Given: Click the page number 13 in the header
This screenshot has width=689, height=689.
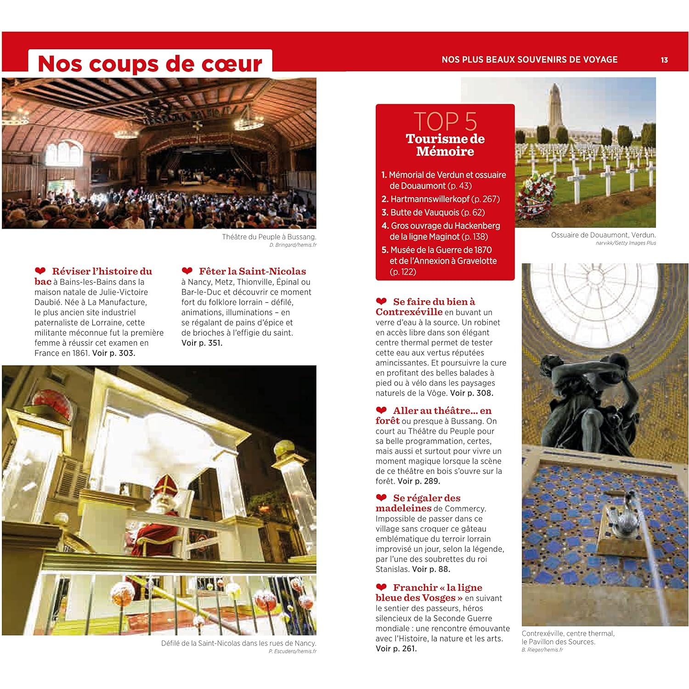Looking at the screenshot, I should (664, 60).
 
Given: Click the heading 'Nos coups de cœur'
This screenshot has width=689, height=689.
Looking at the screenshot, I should (150, 63).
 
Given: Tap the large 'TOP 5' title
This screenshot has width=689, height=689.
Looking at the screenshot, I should (445, 121).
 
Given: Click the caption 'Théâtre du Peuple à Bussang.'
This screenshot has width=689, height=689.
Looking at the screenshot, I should (269, 237).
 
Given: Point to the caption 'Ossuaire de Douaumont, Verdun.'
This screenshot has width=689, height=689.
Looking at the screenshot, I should (603, 235).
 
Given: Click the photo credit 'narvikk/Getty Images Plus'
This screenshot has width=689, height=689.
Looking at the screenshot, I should (626, 243).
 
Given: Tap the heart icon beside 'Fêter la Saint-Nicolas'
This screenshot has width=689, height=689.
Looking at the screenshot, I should (187, 271).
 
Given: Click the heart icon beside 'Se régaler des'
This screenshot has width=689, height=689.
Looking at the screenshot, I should (381, 497).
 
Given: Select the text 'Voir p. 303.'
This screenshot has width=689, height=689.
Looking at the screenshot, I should (114, 353).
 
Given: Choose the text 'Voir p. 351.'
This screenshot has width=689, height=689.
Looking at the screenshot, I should (202, 343).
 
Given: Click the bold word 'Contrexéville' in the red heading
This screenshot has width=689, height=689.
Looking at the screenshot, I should (409, 312).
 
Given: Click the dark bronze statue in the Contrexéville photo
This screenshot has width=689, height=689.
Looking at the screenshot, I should (593, 404).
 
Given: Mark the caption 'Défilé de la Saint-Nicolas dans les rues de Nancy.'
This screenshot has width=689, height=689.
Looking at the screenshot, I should (238, 644).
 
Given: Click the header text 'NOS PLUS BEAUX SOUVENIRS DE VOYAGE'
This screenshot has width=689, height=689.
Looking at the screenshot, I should (529, 60).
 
